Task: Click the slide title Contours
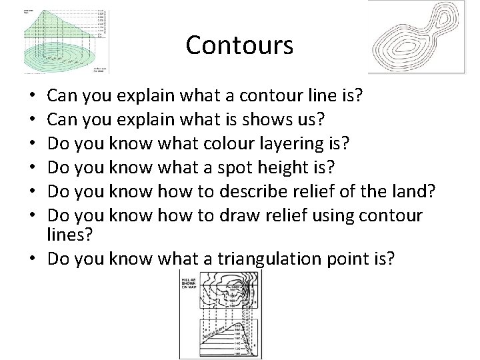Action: tap(239, 45)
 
